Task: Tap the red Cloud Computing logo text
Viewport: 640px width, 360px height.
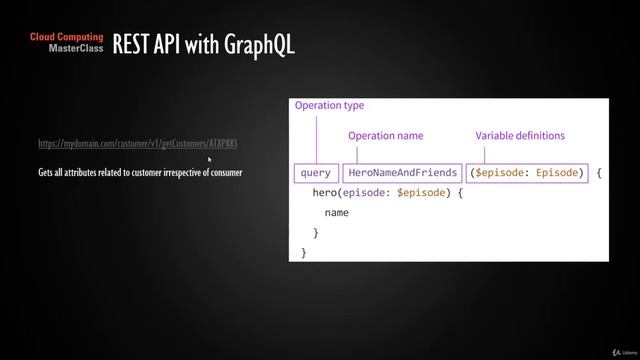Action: click(67, 37)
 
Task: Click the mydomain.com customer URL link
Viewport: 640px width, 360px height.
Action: click(138, 144)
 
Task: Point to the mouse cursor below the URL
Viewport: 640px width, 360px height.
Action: click(209, 158)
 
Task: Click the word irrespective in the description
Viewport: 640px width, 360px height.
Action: click(177, 173)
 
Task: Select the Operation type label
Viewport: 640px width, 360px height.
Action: click(328, 105)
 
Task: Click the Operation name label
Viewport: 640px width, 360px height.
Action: click(385, 135)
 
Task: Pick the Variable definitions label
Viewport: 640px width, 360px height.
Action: click(519, 135)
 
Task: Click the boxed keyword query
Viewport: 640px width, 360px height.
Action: click(316, 173)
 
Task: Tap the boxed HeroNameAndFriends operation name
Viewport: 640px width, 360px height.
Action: click(403, 173)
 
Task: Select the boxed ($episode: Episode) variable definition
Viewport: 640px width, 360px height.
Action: click(527, 173)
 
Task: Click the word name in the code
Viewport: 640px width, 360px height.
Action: click(337, 213)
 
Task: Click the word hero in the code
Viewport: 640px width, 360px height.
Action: click(325, 192)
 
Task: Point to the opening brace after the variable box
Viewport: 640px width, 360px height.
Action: click(599, 173)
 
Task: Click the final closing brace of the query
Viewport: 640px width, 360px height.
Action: click(304, 252)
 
